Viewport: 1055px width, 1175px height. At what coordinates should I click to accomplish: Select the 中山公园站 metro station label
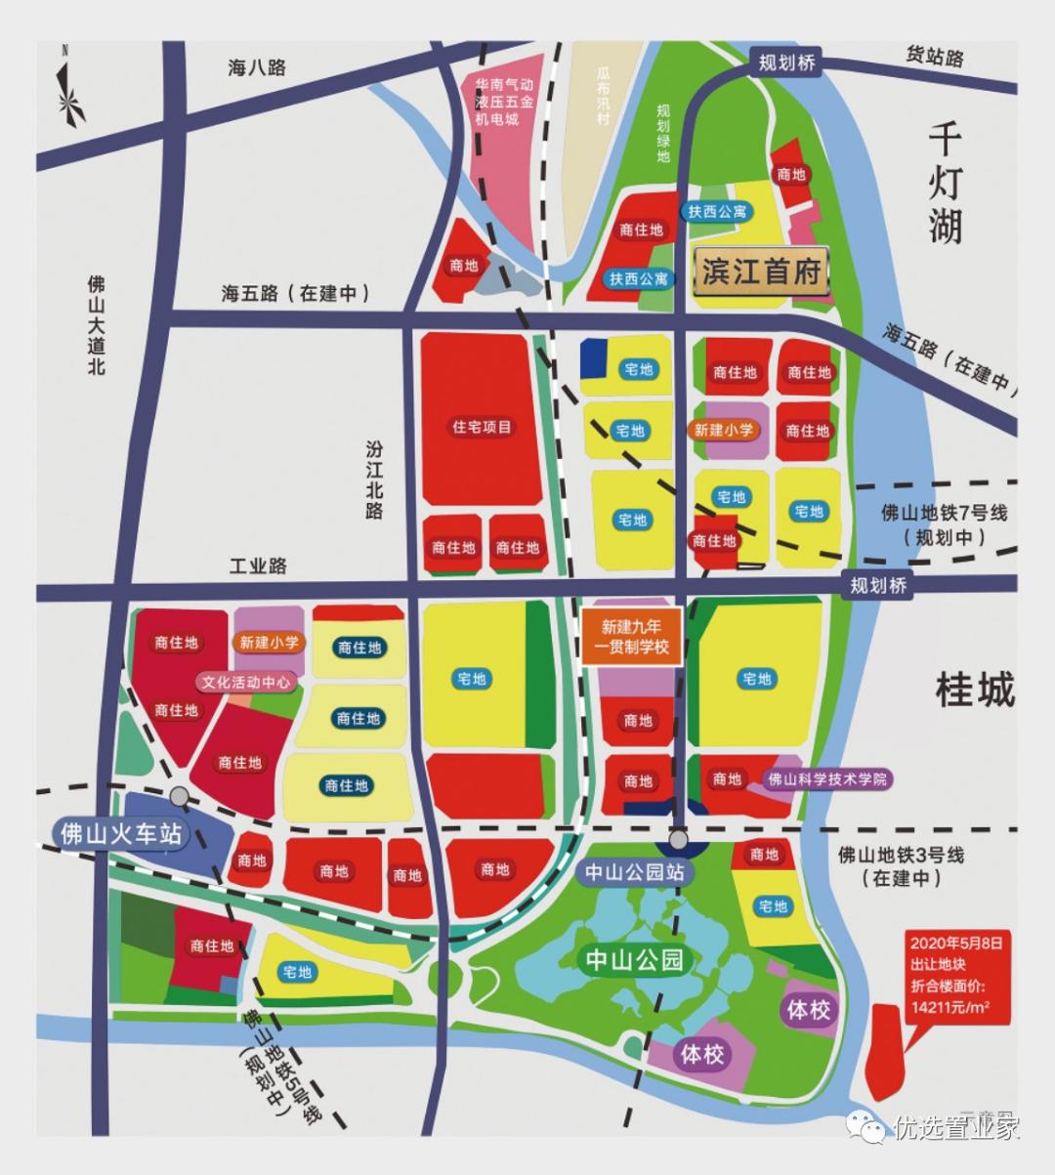click(634, 872)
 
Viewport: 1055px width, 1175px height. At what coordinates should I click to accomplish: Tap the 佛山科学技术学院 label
click(827, 779)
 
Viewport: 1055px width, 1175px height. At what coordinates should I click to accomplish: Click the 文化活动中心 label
click(245, 682)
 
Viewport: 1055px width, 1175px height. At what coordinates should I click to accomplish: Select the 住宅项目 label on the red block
click(482, 427)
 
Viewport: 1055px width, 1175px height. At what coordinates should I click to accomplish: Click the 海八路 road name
click(257, 67)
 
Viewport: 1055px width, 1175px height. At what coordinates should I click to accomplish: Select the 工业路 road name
click(258, 566)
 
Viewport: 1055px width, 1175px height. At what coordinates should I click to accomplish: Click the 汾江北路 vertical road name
click(374, 479)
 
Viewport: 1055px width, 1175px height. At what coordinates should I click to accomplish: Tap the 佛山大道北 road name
click(96, 325)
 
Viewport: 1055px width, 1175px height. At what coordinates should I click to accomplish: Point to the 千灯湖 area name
click(945, 183)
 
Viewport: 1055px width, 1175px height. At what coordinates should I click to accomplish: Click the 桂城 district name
click(975, 690)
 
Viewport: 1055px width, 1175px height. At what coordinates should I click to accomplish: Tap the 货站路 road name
click(934, 57)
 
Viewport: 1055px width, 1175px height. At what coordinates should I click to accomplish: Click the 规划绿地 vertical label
click(663, 133)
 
